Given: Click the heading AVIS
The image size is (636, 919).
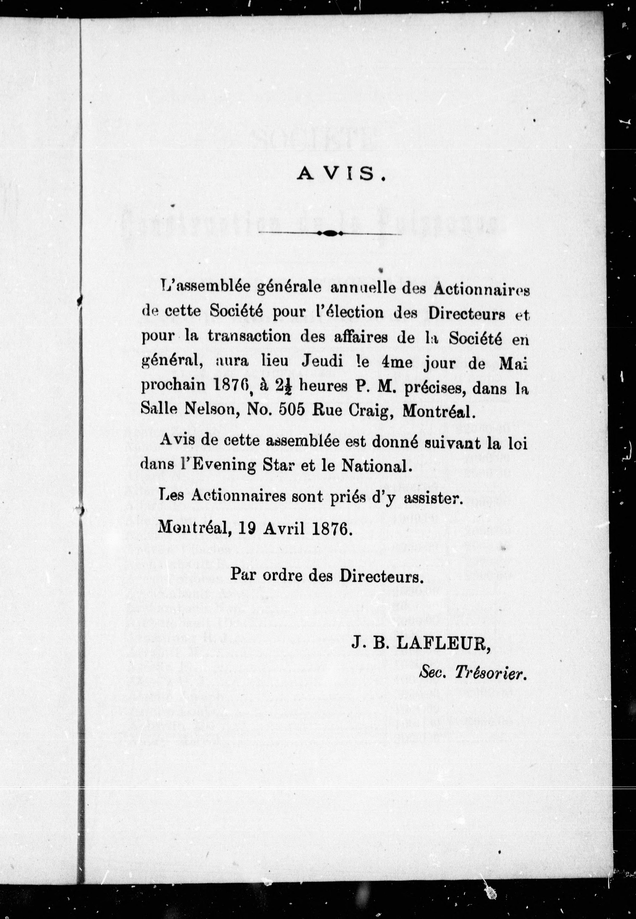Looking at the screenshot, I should click(341, 174).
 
